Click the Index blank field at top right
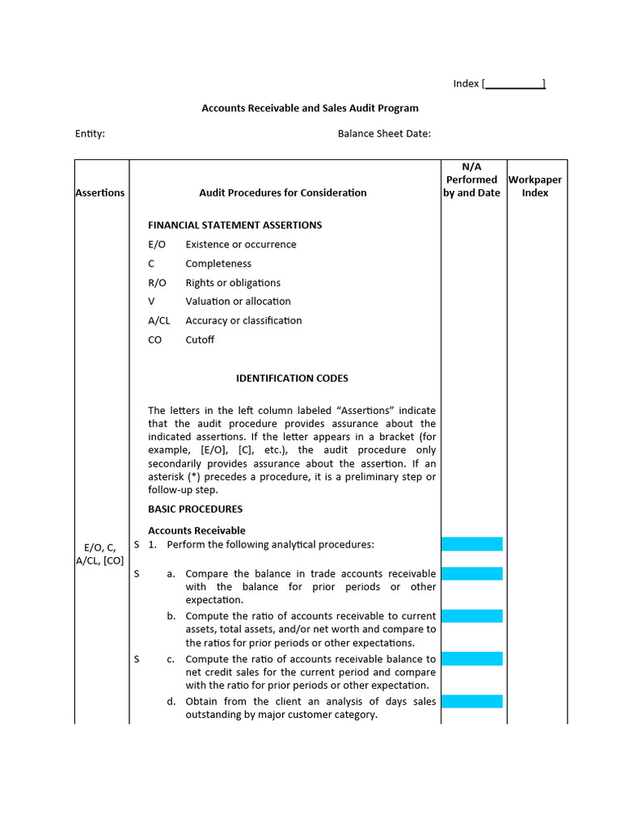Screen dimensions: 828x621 click(x=514, y=83)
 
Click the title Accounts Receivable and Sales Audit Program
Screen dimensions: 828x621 click(x=310, y=108)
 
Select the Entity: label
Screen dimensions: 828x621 click(x=90, y=133)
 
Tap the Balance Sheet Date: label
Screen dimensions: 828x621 click(x=384, y=133)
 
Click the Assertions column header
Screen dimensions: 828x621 click(x=100, y=192)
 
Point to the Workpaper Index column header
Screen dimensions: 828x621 click(x=534, y=186)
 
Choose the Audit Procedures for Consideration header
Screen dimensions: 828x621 click(x=282, y=192)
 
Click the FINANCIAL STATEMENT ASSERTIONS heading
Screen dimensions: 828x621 click(x=234, y=225)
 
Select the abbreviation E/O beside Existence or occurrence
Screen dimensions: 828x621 click(x=157, y=244)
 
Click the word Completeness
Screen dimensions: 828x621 click(x=218, y=264)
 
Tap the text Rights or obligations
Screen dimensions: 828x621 click(x=233, y=282)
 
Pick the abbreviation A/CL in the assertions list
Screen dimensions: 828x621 click(x=159, y=320)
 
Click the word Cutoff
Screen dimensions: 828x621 click(x=200, y=340)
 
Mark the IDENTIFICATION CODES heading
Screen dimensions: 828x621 click(x=292, y=378)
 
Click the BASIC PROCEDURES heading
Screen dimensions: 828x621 click(x=195, y=509)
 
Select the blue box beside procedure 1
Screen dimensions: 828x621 click(x=471, y=544)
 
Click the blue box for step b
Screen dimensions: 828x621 click(x=471, y=616)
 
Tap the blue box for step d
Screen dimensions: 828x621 click(x=471, y=701)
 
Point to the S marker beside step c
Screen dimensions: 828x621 click(x=137, y=659)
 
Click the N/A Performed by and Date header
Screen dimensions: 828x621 click(x=471, y=180)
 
